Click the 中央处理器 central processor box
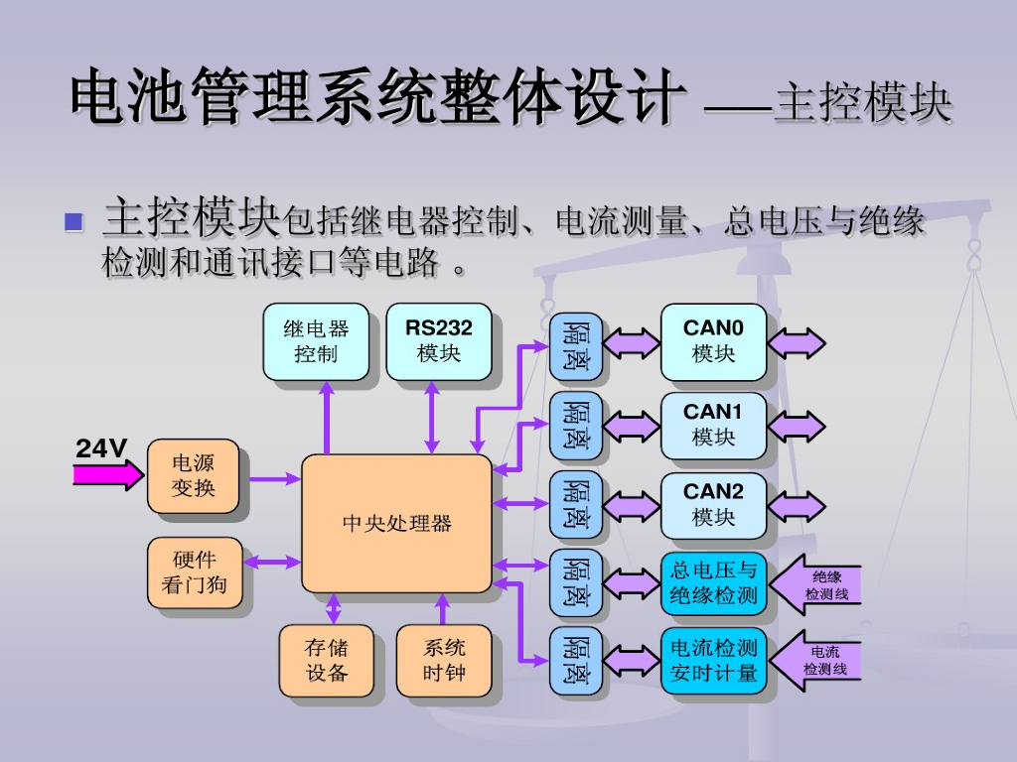pos(396,523)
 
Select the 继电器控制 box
pos(316,341)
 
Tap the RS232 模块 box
pos(438,341)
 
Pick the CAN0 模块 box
pos(713,341)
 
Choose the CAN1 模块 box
pos(713,425)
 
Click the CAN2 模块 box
pos(713,504)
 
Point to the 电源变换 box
pos(193,475)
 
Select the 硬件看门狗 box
pos(193,572)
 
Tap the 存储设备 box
pos(326,660)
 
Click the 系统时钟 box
pos(443,660)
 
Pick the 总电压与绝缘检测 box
pos(713,582)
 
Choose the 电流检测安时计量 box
pos(713,661)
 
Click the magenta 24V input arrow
pos(107,475)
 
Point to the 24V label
pos(101,448)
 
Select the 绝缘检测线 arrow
pos(817,584)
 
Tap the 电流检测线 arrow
pos(817,660)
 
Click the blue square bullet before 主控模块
pos(73,220)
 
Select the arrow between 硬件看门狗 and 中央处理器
pos(272,562)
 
